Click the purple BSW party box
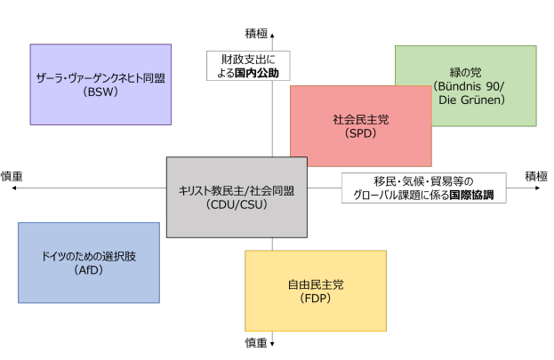100,84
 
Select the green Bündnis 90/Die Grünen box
466,86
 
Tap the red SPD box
360,125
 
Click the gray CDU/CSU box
237,196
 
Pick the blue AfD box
89,262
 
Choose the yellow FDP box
315,290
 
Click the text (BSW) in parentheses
100,92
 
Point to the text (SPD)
360,133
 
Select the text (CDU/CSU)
237,204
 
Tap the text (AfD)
89,269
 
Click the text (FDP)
315,298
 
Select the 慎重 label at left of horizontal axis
12,176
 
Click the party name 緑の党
466,72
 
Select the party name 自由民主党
315,284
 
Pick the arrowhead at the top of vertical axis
273,33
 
